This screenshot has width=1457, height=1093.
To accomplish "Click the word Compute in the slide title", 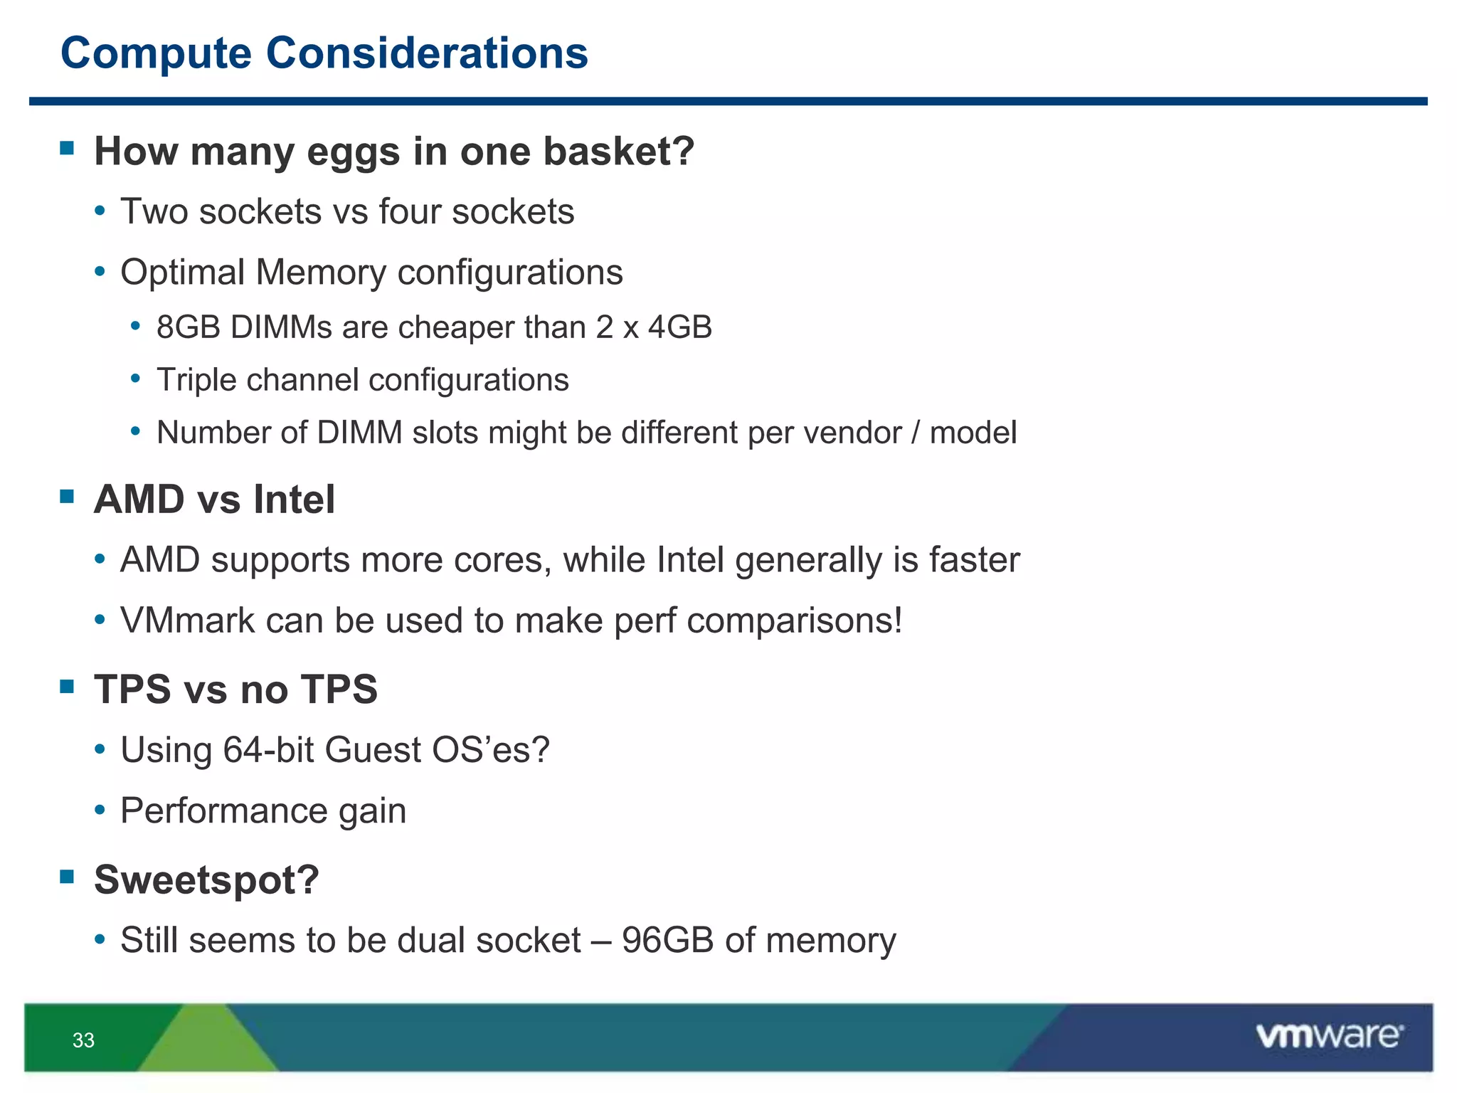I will coord(156,53).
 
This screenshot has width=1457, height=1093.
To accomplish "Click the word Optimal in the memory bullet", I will coord(182,273).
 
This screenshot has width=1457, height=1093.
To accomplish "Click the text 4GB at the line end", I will coord(680,327).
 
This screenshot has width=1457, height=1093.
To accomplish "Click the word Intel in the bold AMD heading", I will coord(294,500).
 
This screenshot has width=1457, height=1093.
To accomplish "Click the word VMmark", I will coord(187,621).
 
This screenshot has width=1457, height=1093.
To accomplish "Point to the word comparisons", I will coord(794,621).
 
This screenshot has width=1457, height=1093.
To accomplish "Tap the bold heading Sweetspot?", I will coord(206,880).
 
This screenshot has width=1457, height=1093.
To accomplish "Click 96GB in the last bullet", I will coord(667,940).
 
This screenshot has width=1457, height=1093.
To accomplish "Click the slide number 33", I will coord(83,1040).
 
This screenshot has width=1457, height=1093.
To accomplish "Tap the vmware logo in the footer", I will coord(1329,1036).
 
